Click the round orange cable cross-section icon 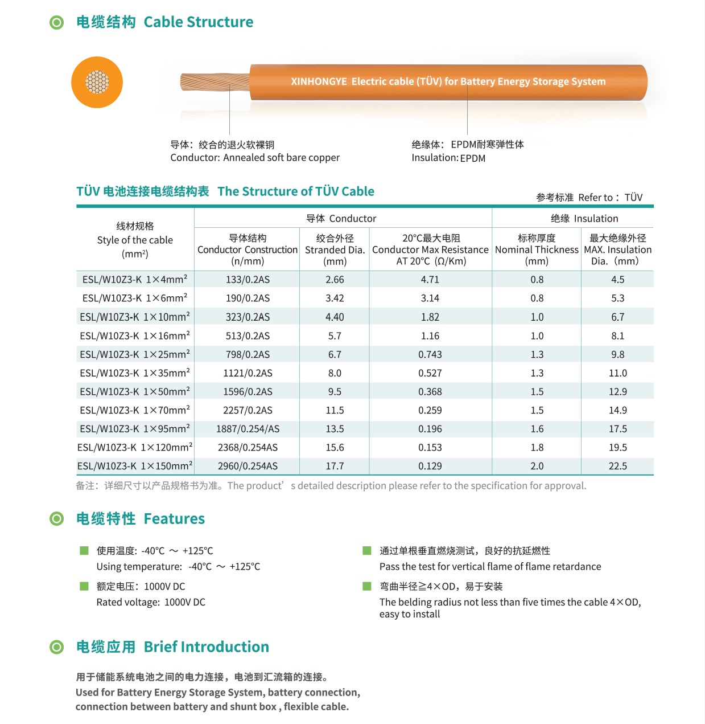[97, 82]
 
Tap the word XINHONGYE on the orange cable [319, 81]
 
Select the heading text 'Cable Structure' [198, 22]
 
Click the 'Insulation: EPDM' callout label [448, 158]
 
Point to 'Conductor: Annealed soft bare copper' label [255, 157]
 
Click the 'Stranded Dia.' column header [335, 249]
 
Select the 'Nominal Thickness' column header [537, 249]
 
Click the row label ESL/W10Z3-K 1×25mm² [135, 354]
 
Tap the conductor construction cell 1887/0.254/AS [248, 429]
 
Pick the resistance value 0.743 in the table [430, 354]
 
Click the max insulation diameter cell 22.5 [617, 466]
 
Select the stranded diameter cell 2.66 [335, 280]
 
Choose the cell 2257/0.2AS [248, 410]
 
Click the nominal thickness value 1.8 [537, 448]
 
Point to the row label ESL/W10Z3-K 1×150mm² [135, 466]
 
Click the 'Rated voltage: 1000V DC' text [151, 602]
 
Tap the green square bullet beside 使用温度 [84, 550]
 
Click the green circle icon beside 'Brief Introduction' [57, 647]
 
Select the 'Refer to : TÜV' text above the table [610, 197]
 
